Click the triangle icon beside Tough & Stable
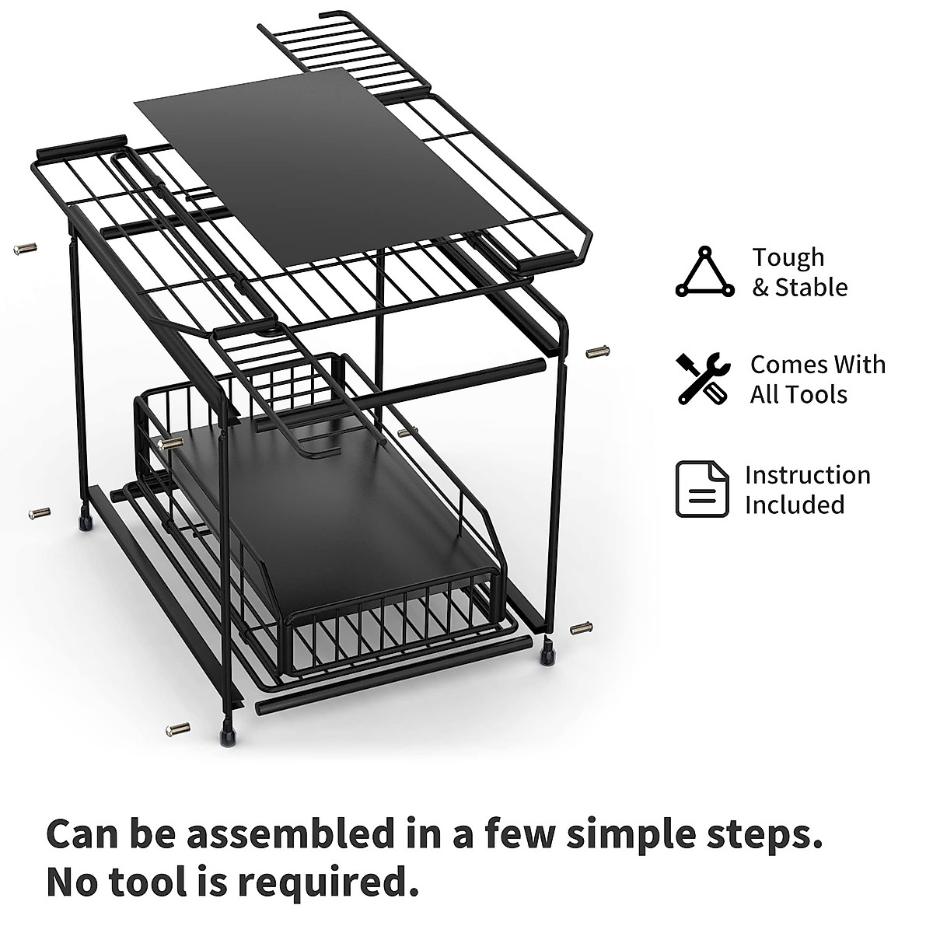pos(704,273)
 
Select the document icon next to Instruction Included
pos(702,489)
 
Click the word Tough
pos(788,258)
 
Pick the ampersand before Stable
pos(760,288)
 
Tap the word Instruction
pos(808,475)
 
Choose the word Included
pos(795,505)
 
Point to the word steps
pos(763,834)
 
